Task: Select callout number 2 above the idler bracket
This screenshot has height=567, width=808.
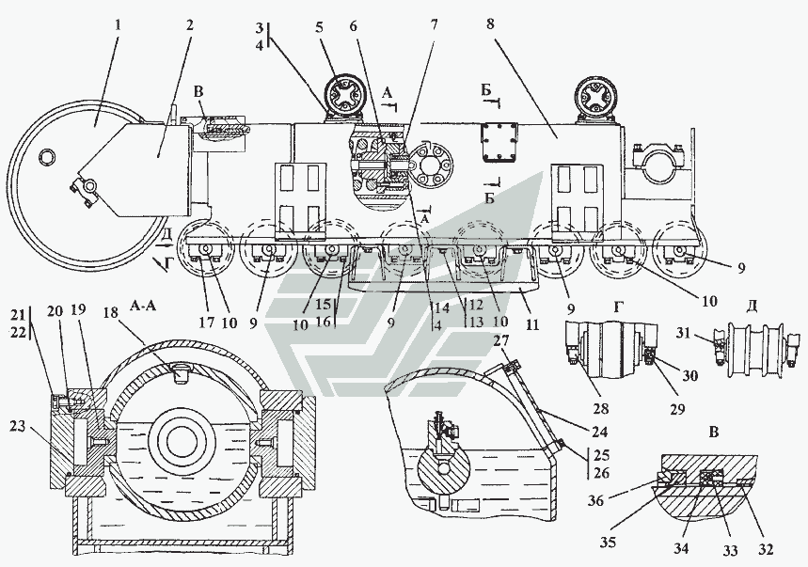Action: (189, 24)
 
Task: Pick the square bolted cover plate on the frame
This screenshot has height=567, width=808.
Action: (499, 141)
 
